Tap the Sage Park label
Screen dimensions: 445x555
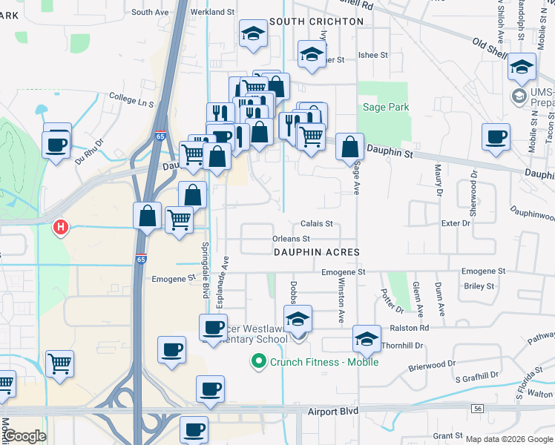(x=386, y=108)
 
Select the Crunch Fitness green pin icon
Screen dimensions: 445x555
(x=259, y=362)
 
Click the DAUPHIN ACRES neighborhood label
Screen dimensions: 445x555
(x=317, y=252)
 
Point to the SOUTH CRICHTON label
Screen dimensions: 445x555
(x=317, y=22)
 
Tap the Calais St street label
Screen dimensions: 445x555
(x=317, y=223)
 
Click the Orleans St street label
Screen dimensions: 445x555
(x=291, y=239)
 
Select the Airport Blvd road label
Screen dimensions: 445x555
(x=333, y=410)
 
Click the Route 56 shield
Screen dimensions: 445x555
(x=476, y=409)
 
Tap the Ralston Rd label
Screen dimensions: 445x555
(x=413, y=327)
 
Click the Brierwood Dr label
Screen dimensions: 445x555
(x=431, y=365)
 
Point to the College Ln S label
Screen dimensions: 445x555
(x=131, y=97)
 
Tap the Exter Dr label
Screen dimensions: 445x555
(x=456, y=222)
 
